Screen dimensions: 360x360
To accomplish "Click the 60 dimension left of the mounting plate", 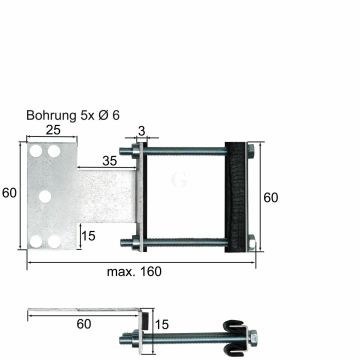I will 10,193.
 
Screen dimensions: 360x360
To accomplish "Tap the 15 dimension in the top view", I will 88,236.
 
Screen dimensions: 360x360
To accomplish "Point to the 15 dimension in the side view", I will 161,322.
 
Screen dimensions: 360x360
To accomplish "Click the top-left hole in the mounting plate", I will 36,151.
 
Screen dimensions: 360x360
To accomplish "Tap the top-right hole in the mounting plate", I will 51,151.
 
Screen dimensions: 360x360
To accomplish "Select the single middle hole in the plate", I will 44,196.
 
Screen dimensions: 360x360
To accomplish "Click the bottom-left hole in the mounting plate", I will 36,241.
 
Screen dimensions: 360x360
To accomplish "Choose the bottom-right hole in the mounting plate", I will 51,241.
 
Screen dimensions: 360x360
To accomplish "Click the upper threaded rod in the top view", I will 190,153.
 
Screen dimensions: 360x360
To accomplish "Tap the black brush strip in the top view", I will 237,196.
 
